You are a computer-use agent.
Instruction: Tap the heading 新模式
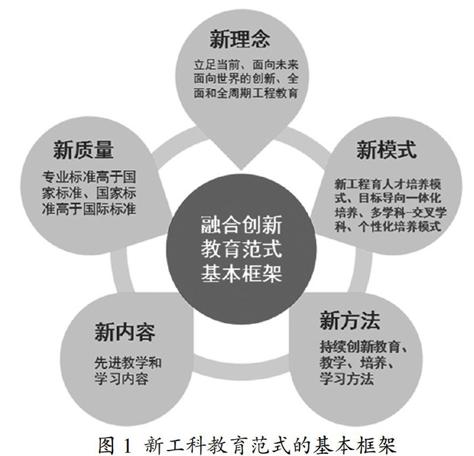coord(387,149)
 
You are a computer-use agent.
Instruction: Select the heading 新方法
coord(349,318)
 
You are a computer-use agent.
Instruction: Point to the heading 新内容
coord(125,332)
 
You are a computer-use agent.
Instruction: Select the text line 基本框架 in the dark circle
coord(240,273)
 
